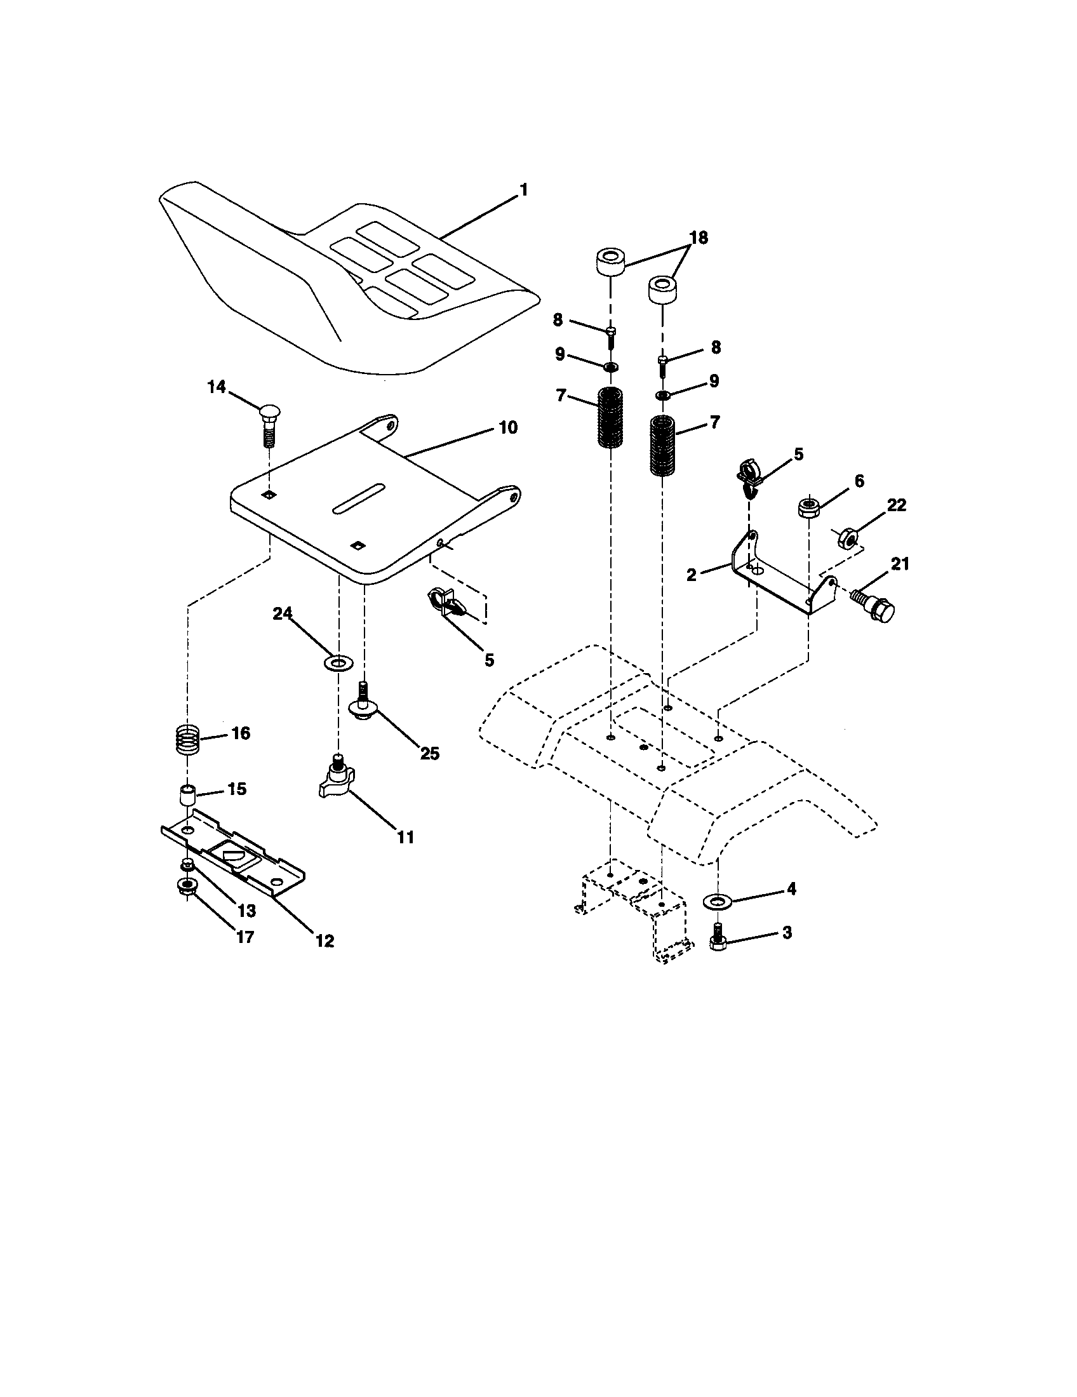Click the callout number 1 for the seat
click(x=523, y=190)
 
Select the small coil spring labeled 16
click(x=189, y=740)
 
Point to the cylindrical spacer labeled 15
click(x=187, y=797)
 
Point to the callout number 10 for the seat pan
click(x=507, y=427)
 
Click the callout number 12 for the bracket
click(x=324, y=940)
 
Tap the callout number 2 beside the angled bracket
click(x=691, y=575)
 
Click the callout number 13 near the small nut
click(x=246, y=909)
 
